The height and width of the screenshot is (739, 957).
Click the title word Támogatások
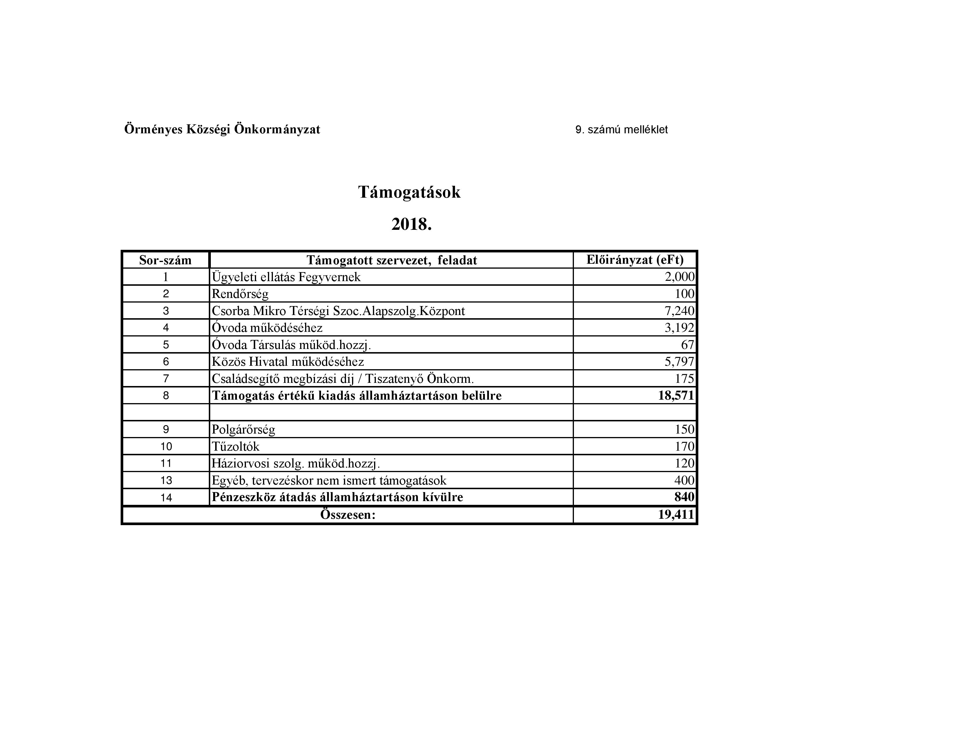pyautogui.click(x=409, y=192)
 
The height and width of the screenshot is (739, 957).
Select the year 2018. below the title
pyautogui.click(x=412, y=225)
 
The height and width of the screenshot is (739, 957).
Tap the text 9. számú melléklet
pyautogui.click(x=621, y=130)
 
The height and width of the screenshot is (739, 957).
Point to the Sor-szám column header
pyautogui.click(x=165, y=261)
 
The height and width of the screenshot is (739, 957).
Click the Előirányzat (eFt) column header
pyautogui.click(x=635, y=260)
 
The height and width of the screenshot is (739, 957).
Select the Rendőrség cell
pyautogui.click(x=240, y=294)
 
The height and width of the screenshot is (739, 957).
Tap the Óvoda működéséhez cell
pyautogui.click(x=267, y=328)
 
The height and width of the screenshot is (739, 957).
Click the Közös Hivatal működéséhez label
pyautogui.click(x=288, y=362)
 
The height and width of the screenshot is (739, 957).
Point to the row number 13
pyautogui.click(x=166, y=480)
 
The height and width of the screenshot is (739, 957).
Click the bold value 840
pyautogui.click(x=684, y=497)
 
